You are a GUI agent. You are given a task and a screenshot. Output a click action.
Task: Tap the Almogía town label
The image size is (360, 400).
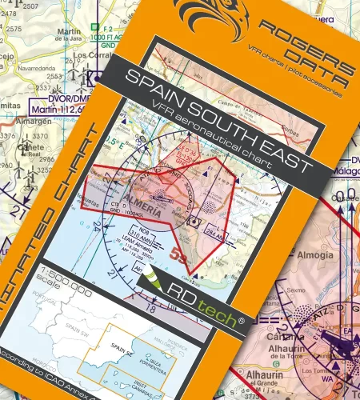point(321,255)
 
